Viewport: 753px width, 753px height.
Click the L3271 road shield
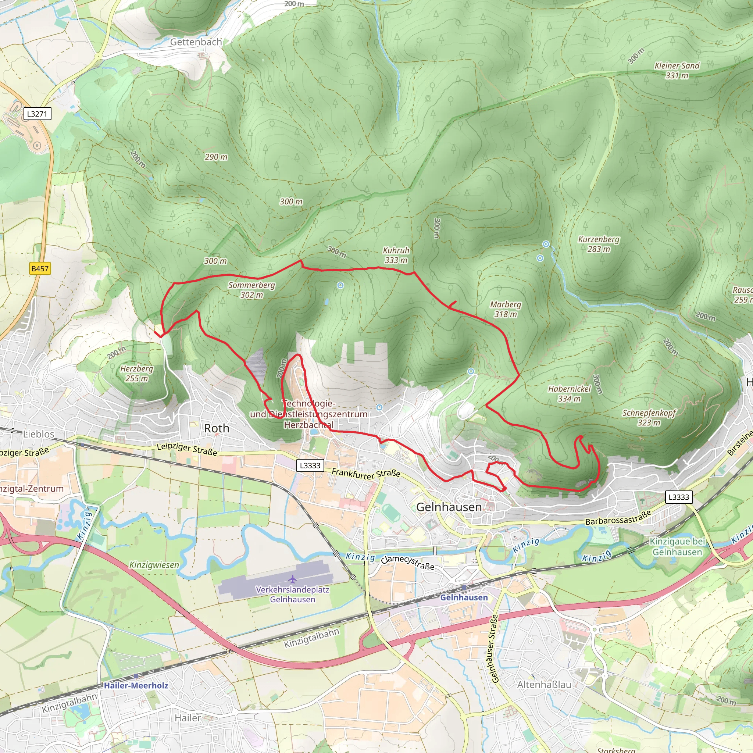tap(37, 114)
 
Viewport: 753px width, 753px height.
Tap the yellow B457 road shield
tap(40, 268)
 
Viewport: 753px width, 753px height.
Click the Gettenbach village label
tap(196, 42)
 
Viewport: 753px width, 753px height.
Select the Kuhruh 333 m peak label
tap(396, 255)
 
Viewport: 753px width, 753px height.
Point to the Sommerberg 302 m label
tap(251, 290)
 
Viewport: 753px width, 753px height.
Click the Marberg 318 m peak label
tap(506, 309)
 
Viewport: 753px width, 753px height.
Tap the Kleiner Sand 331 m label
tap(677, 71)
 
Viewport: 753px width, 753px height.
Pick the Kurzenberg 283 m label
tap(599, 244)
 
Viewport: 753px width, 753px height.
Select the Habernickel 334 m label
tap(570, 394)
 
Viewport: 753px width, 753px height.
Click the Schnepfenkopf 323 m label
tap(649, 418)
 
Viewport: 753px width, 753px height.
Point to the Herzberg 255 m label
tap(136, 374)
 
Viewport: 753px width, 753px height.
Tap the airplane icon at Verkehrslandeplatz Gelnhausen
tap(293, 578)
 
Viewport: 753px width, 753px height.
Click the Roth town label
tap(217, 428)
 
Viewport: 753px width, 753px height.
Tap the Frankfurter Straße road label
tap(366, 474)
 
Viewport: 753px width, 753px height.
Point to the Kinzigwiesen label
tap(154, 565)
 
